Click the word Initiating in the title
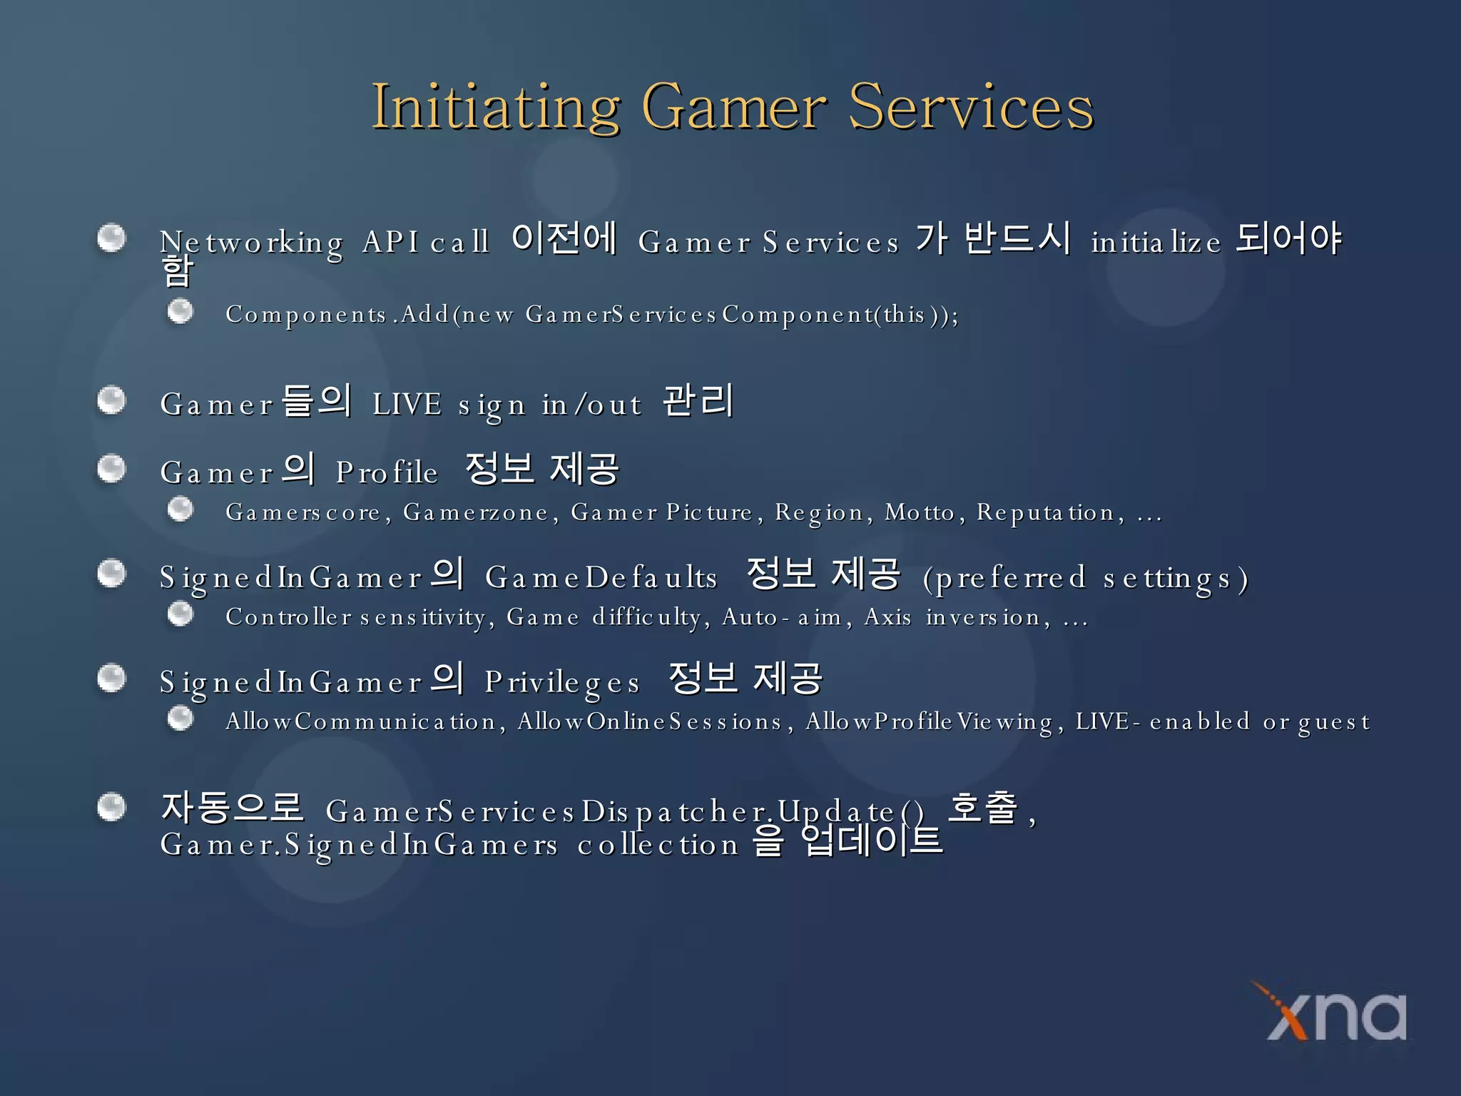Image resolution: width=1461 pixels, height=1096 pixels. (496, 107)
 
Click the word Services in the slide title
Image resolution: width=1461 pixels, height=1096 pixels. (970, 107)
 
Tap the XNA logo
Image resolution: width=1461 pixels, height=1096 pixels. (1335, 1013)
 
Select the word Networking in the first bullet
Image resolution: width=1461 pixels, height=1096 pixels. (251, 243)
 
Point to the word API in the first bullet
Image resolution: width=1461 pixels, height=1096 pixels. (390, 242)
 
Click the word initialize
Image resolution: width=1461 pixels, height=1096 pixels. (1156, 243)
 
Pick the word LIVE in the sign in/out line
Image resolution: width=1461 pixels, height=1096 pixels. (407, 405)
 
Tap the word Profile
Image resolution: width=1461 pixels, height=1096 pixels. (387, 472)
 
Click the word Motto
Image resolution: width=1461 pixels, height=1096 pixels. (920, 512)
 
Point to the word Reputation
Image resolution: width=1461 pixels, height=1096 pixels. (1045, 512)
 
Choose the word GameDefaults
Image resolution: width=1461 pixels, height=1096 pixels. (601, 577)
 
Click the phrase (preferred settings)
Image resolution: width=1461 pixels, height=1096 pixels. (1085, 579)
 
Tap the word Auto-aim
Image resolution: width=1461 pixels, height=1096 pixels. (782, 616)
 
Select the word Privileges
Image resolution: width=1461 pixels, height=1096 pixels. (562, 683)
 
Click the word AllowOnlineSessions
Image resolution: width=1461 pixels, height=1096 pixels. (650, 721)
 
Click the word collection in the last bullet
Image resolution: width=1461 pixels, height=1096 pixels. (657, 845)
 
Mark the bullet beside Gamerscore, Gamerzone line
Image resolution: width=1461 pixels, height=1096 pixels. (180, 509)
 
